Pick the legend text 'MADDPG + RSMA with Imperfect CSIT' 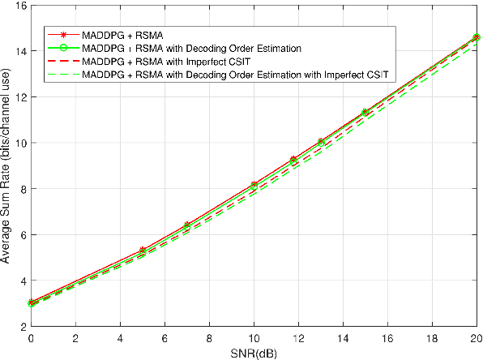coord(159,62)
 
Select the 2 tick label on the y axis coord(22,327)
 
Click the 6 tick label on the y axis coord(22,235)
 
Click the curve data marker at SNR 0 coord(31,303)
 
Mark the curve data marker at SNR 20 coord(477,37)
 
